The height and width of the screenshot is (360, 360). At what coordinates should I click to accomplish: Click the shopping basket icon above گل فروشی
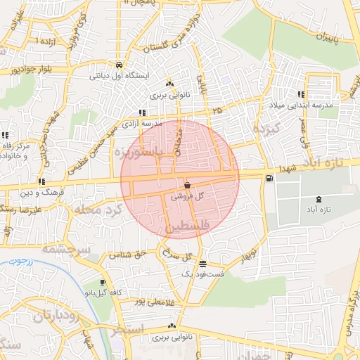point(187,185)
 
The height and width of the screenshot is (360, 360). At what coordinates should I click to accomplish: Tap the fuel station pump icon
point(269,179)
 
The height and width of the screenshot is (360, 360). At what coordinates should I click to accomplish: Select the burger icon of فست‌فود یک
point(202,264)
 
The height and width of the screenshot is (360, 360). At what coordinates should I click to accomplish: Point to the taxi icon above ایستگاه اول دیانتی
point(119,62)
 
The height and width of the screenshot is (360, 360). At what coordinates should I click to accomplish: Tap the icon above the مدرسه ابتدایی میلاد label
point(301,94)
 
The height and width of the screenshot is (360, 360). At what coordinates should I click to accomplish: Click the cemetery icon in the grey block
point(320,200)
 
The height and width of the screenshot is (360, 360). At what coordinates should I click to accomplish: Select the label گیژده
point(267,129)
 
